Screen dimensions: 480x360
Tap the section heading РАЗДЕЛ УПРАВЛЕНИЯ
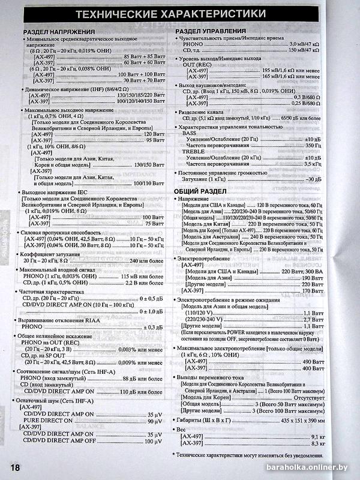tap(211, 31)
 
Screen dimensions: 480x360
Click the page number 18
tap(14, 467)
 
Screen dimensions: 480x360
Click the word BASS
tap(190, 133)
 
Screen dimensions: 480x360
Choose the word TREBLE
tap(193, 151)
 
